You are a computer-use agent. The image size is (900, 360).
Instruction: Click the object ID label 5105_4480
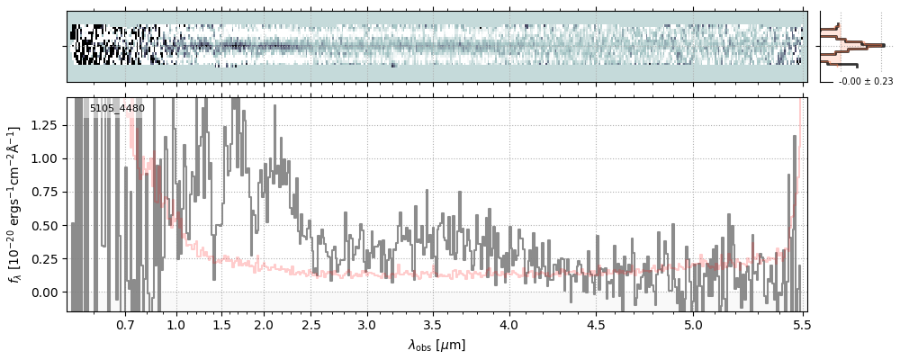click(x=117, y=109)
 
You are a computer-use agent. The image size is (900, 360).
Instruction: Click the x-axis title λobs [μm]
click(x=436, y=345)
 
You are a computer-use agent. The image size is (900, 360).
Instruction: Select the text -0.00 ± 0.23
click(x=865, y=82)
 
